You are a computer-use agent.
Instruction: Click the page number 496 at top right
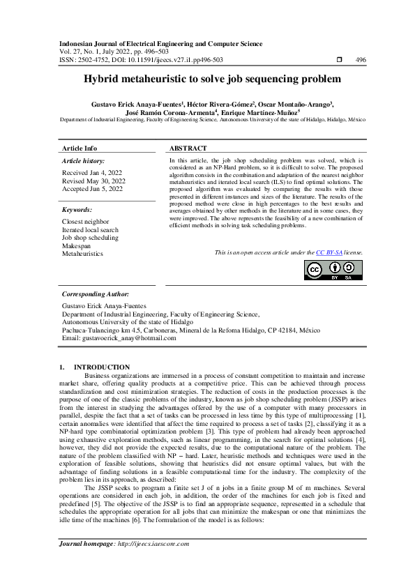click(361, 60)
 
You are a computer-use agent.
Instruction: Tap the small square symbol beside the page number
click(339, 60)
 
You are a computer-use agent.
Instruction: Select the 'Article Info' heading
click(80, 148)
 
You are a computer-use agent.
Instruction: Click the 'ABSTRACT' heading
click(188, 148)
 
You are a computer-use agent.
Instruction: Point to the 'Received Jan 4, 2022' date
click(92, 172)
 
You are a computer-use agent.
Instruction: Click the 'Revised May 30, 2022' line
click(93, 181)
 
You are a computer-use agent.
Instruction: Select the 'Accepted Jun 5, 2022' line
click(92, 189)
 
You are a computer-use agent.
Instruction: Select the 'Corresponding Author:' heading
click(96, 295)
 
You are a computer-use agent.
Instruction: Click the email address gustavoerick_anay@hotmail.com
click(119, 337)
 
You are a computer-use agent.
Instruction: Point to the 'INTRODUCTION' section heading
click(101, 367)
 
